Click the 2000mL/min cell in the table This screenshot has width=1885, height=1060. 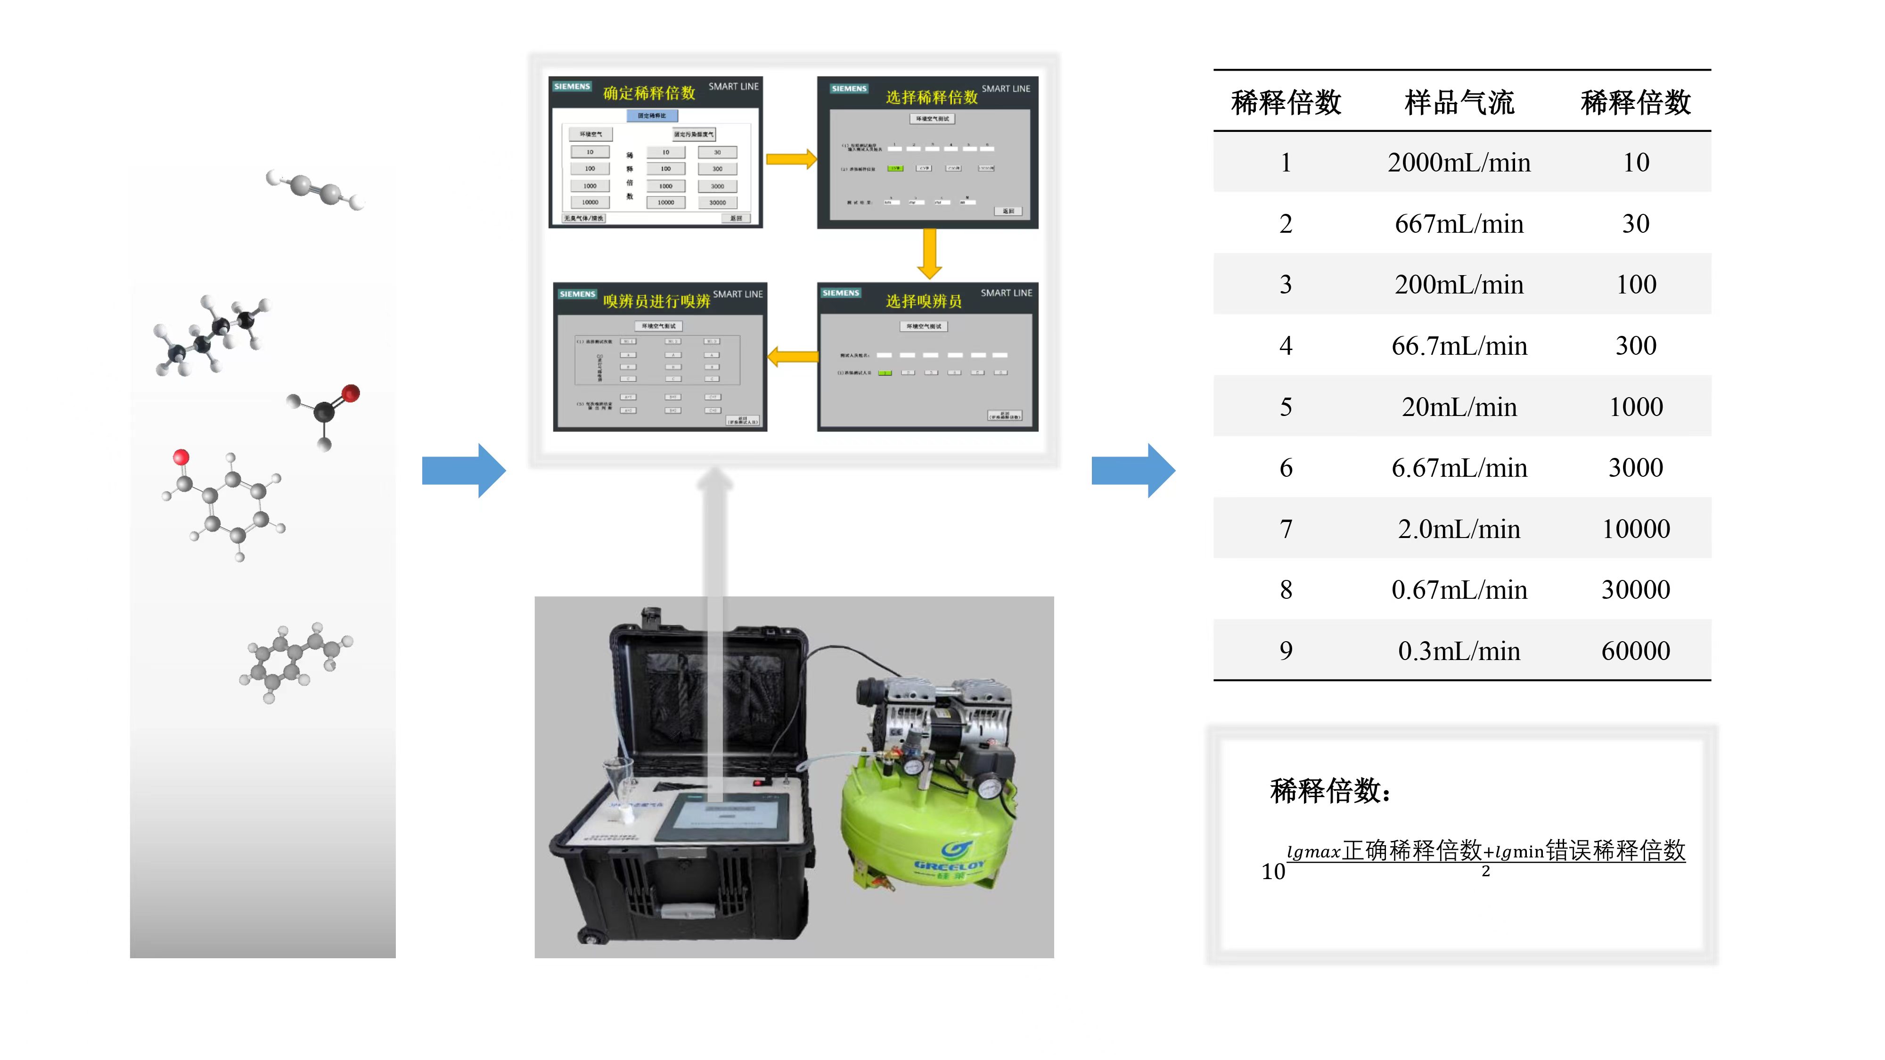pyautogui.click(x=1459, y=163)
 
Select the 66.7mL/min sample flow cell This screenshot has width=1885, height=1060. pyautogui.click(x=1459, y=345)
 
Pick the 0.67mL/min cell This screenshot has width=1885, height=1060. pyautogui.click(x=1459, y=590)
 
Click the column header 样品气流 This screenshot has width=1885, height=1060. pyautogui.click(x=1459, y=102)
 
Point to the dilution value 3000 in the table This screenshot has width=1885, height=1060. pyautogui.click(x=1635, y=467)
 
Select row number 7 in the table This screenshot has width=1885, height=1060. pyautogui.click(x=1286, y=529)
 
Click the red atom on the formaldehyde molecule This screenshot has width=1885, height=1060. pyautogui.click(x=351, y=393)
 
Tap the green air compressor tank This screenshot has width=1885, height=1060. pyautogui.click(x=926, y=827)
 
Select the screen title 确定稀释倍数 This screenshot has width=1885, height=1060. pyautogui.click(x=648, y=93)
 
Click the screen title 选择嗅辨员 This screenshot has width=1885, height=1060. pyautogui.click(x=924, y=301)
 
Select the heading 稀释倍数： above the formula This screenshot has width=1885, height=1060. pyautogui.click(x=1329, y=791)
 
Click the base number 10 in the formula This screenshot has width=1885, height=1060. pyautogui.click(x=1273, y=871)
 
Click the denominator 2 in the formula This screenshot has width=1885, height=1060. pyautogui.click(x=1485, y=871)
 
